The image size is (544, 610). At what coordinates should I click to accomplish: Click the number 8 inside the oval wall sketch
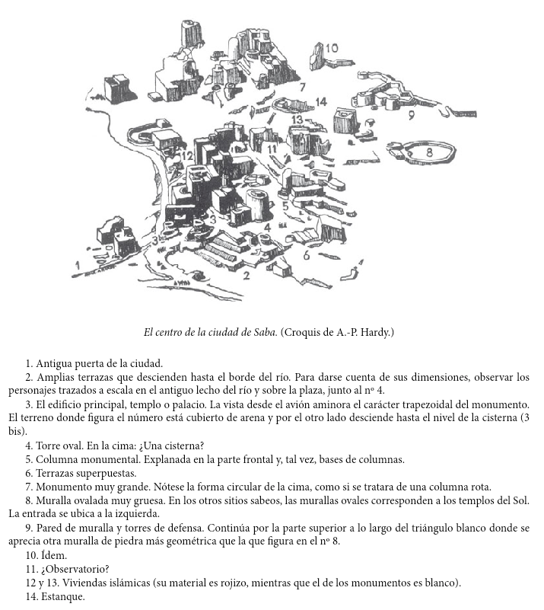pos(431,152)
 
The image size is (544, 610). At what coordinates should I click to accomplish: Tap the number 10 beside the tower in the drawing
pos(331,49)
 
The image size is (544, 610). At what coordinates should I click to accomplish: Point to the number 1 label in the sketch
pos(78,265)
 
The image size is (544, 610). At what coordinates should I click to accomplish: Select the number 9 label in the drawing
pos(411,115)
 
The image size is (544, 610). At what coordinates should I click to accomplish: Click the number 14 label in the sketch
pos(320,102)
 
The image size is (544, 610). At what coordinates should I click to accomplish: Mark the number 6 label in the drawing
pos(307,255)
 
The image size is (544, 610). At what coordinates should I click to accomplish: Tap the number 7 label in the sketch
pos(302,88)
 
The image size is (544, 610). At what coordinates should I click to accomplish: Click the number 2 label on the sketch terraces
pos(246,275)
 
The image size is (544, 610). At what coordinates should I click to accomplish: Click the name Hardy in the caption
pos(375,333)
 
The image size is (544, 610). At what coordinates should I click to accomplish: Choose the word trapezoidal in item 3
pos(428,404)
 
